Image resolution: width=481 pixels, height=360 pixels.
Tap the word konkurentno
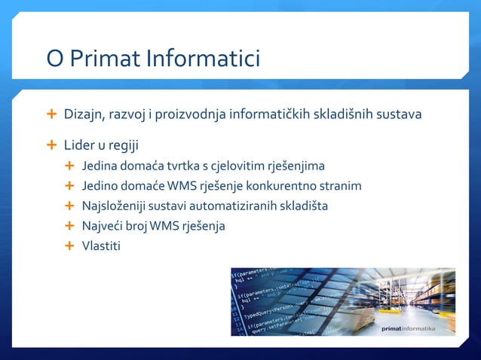(x=290, y=185)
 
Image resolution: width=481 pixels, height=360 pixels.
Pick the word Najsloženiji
(x=114, y=206)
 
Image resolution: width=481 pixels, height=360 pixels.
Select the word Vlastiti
(x=101, y=246)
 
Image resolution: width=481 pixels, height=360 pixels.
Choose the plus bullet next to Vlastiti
(x=70, y=246)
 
